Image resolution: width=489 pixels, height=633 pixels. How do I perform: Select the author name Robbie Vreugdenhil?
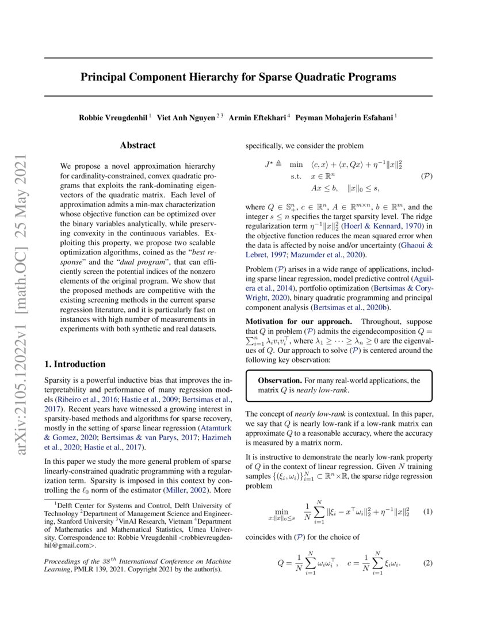pos(113,118)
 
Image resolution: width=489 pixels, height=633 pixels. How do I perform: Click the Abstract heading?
pos(137,146)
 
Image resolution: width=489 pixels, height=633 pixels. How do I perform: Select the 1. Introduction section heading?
pos(75,364)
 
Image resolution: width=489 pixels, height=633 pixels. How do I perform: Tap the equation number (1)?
pos(427,511)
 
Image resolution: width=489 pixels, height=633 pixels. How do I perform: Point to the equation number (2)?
pos(427,563)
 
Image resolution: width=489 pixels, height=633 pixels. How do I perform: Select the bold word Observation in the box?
pos(279,380)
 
